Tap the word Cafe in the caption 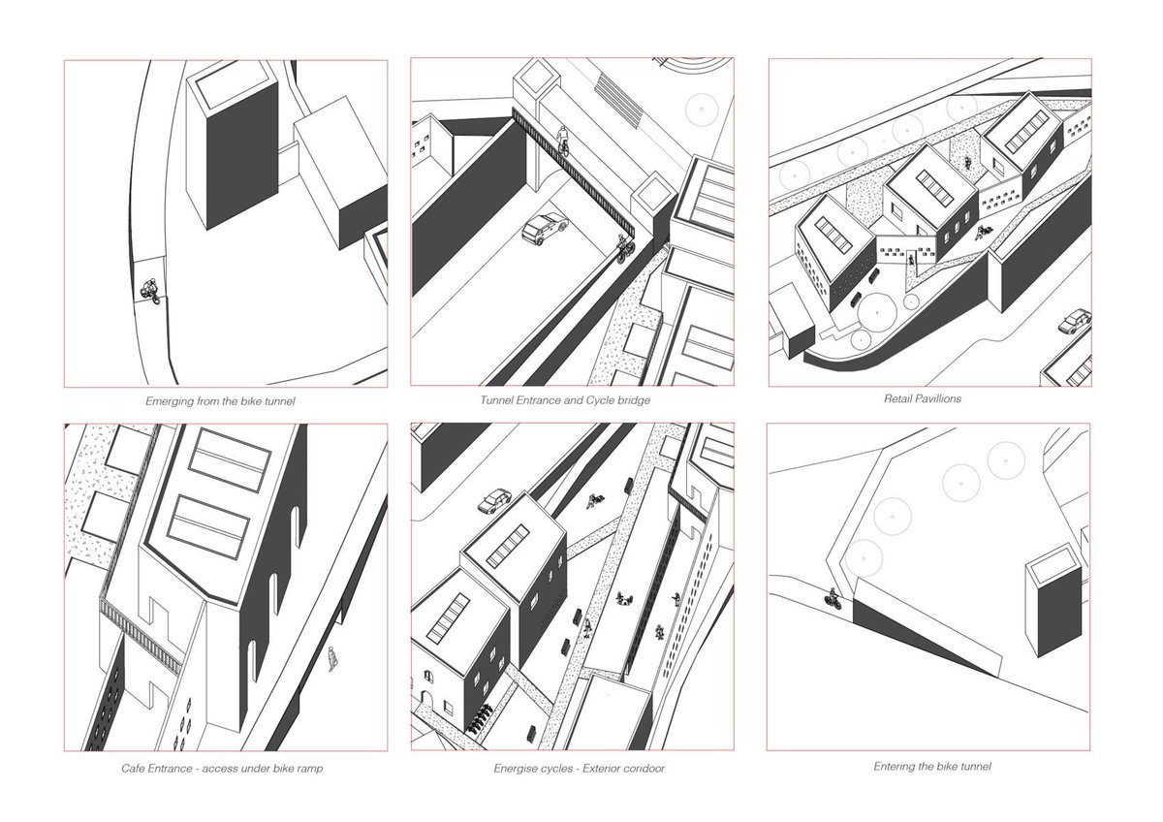(133, 768)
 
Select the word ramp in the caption (310, 769)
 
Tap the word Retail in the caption (897, 398)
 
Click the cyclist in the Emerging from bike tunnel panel (151, 291)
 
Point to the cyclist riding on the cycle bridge (563, 140)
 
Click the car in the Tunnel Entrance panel (545, 229)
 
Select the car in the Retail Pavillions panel (1075, 321)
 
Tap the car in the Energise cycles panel (494, 501)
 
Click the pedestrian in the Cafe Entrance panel (332, 659)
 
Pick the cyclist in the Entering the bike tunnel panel (833, 599)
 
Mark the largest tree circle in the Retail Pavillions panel (877, 312)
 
